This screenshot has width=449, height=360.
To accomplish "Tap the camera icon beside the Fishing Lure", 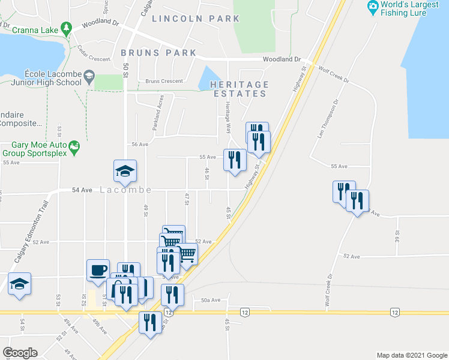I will (373, 7).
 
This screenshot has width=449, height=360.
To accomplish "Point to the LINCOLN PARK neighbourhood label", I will (196, 19).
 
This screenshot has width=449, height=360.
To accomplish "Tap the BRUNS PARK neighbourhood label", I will (158, 53).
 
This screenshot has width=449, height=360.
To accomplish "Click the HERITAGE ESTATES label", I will (238, 89).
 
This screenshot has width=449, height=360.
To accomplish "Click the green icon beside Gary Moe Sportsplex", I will (75, 146).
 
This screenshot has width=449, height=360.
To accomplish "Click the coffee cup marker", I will (98, 269).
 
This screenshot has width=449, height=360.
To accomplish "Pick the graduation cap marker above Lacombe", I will (125, 170).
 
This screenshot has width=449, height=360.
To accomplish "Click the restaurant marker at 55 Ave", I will (234, 160).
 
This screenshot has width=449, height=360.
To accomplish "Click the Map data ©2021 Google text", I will (411, 355).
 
